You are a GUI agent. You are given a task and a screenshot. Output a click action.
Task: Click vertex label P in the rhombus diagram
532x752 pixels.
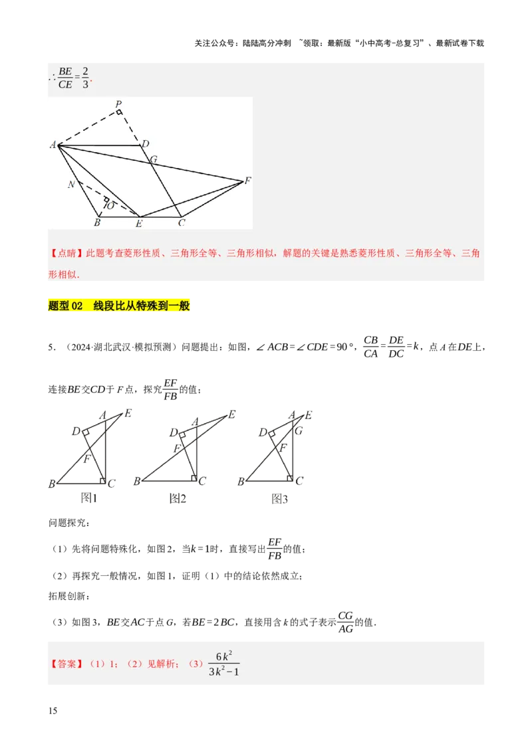[x=118, y=104]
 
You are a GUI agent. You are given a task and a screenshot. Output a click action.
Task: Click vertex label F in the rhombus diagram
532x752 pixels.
[x=247, y=180]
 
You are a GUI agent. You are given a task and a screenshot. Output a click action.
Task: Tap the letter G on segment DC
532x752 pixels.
[x=154, y=159]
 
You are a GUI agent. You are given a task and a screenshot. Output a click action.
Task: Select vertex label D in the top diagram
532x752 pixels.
[x=145, y=144]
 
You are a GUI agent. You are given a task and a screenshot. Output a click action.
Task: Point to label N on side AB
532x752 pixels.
[x=70, y=184]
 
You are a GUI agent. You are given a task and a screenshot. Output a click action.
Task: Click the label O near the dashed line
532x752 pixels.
[x=110, y=206]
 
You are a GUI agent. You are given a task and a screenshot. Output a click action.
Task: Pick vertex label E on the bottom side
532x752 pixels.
[x=139, y=224]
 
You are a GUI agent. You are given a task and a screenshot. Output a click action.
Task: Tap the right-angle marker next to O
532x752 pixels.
[x=106, y=199]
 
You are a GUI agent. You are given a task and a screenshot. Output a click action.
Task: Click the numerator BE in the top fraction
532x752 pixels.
[x=65, y=71]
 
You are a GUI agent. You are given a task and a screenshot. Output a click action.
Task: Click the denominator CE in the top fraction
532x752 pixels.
[x=65, y=84]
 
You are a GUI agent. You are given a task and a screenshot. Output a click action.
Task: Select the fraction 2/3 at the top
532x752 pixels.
[x=85, y=78]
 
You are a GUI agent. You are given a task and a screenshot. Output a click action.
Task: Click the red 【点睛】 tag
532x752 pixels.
[x=63, y=253]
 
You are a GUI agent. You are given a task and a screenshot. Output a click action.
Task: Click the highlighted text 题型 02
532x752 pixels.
[x=65, y=306]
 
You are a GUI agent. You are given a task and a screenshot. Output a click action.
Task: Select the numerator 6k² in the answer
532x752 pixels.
[x=223, y=656]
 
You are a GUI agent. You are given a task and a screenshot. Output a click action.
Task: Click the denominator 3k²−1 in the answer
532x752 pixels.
[x=223, y=672]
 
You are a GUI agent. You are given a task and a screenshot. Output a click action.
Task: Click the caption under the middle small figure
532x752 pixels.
[x=178, y=498]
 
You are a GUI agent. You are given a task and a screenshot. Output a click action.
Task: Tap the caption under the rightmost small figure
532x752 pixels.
[x=281, y=498]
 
